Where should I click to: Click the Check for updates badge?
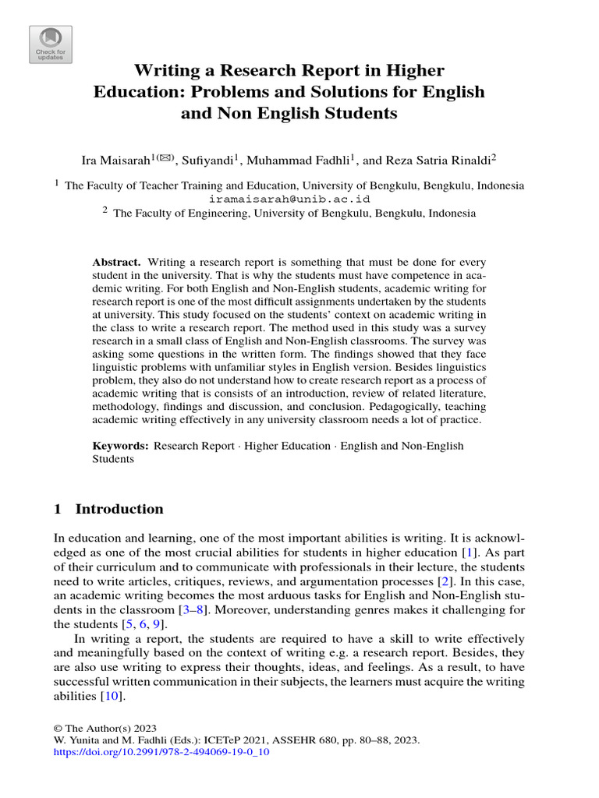(x=51, y=44)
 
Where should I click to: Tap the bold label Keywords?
(x=120, y=446)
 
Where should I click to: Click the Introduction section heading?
(x=119, y=509)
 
